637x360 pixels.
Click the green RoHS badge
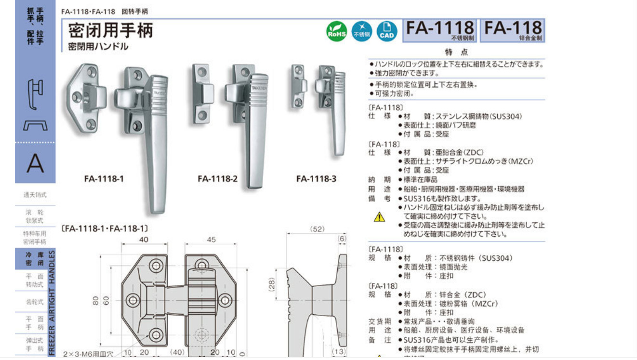click(x=336, y=31)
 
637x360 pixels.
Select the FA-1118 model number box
click(x=439, y=30)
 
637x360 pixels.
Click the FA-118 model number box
click(x=513, y=30)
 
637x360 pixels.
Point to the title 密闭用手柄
click(x=110, y=30)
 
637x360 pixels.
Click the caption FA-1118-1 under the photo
click(x=104, y=179)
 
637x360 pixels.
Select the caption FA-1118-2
click(x=217, y=179)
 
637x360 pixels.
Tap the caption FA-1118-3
click(x=316, y=179)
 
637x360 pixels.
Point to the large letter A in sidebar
click(x=35, y=164)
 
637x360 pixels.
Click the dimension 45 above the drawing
click(x=211, y=240)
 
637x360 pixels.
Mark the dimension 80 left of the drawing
click(x=96, y=300)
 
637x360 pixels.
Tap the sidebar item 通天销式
click(x=35, y=195)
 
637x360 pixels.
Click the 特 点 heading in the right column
click(x=456, y=52)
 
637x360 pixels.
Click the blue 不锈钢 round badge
click(x=361, y=31)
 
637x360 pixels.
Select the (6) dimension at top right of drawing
click(x=342, y=239)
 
